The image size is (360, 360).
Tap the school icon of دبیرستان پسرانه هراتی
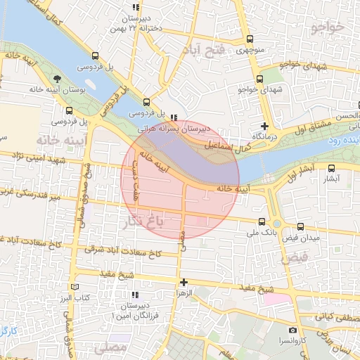[x=174, y=117]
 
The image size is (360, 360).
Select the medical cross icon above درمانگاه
[x=264, y=126]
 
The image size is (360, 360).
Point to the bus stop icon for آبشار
[x=332, y=168]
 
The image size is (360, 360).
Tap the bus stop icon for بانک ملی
[x=262, y=221]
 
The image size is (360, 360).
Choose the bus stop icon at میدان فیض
[x=302, y=226]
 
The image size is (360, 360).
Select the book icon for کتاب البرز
[x=75, y=288]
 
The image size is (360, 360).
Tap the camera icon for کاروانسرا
[x=292, y=330]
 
